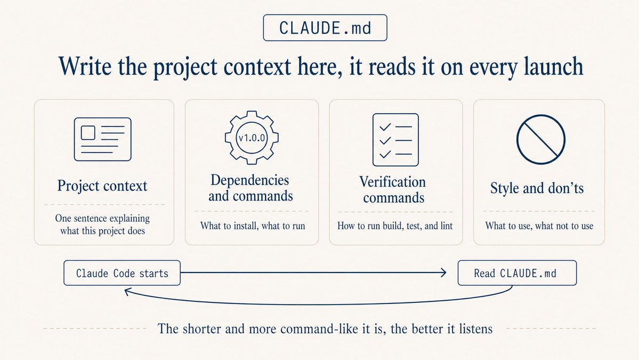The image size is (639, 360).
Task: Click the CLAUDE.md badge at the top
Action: click(x=325, y=28)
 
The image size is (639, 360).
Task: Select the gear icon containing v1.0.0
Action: click(x=252, y=138)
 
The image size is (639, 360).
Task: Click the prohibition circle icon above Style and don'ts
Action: click(x=540, y=139)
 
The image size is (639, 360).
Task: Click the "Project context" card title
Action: click(x=102, y=186)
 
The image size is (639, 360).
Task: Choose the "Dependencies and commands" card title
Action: click(x=250, y=188)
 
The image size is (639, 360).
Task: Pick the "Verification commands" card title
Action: click(x=393, y=190)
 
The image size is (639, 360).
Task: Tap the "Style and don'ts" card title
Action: click(x=538, y=188)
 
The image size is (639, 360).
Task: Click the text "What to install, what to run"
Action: click(x=253, y=226)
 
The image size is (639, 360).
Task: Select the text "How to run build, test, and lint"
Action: click(x=395, y=226)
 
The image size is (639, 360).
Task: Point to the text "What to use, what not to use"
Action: click(x=539, y=226)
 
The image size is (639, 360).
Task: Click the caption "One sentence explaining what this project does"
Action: click(x=103, y=225)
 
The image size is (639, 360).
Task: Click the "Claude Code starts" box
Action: click(x=122, y=274)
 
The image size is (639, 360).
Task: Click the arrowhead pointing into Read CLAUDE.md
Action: click(x=442, y=274)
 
